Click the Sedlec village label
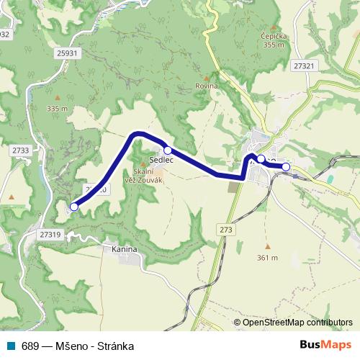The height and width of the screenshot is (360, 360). tap(158, 159)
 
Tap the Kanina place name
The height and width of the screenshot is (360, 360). tap(125, 249)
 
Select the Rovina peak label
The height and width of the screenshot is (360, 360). tap(206, 86)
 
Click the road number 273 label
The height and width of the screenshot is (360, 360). tap(228, 229)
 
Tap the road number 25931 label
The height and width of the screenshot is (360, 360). tap(66, 54)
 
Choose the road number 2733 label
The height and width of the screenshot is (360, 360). tap(20, 150)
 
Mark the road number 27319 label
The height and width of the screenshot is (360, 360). tap(51, 234)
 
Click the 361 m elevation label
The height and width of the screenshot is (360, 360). tap(266, 258)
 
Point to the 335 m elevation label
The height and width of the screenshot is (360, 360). tap(56, 109)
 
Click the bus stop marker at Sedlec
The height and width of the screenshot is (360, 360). tap(167, 150)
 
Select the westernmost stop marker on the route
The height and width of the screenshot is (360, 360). tap(73, 207)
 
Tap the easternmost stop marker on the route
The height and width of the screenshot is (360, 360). tap(286, 167)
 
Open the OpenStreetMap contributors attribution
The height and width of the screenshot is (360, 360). tap(297, 323)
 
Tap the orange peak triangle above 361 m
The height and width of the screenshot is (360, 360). tap(266, 246)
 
